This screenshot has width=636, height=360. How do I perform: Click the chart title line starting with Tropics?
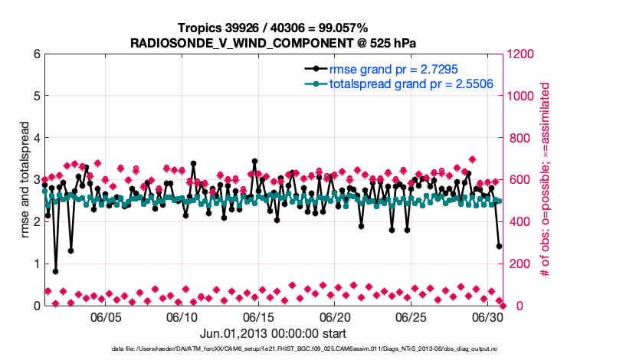(x=273, y=28)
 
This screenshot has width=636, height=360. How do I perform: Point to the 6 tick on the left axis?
(x=35, y=54)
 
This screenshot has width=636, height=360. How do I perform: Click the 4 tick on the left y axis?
(x=35, y=139)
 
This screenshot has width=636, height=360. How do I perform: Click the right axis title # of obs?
(x=545, y=180)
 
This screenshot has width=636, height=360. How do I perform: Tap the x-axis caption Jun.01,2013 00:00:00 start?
(x=273, y=334)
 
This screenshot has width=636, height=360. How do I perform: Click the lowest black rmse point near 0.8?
(x=55, y=271)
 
